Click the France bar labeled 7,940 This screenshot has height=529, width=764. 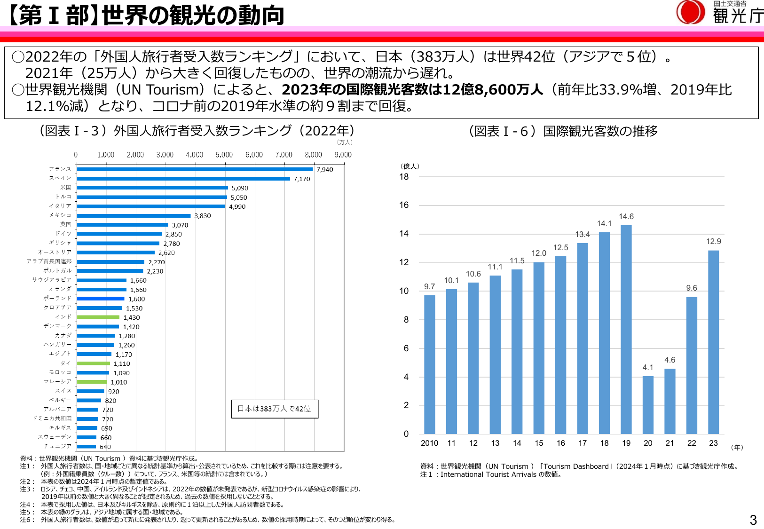[x=195, y=169]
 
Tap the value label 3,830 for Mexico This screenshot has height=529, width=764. [x=203, y=216]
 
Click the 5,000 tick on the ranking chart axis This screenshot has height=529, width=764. [x=224, y=155]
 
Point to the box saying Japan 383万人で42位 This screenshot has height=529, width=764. [x=275, y=409]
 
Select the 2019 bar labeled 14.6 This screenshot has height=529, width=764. [x=626, y=329]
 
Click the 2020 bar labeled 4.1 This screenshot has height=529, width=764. [x=648, y=404]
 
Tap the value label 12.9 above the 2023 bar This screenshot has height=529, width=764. [x=713, y=241]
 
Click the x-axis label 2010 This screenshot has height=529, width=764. [x=429, y=443]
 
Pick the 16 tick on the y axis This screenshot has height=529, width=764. [x=404, y=205]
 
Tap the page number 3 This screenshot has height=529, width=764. [x=753, y=520]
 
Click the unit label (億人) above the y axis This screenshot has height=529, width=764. [x=410, y=166]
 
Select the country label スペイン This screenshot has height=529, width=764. [x=60, y=178]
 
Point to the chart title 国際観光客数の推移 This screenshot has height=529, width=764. [x=600, y=131]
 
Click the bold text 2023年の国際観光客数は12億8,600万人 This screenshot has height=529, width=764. [x=412, y=89]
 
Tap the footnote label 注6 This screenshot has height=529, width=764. [x=25, y=520]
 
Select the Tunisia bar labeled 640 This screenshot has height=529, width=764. [x=87, y=447]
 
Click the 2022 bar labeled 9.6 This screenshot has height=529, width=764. [x=692, y=365]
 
